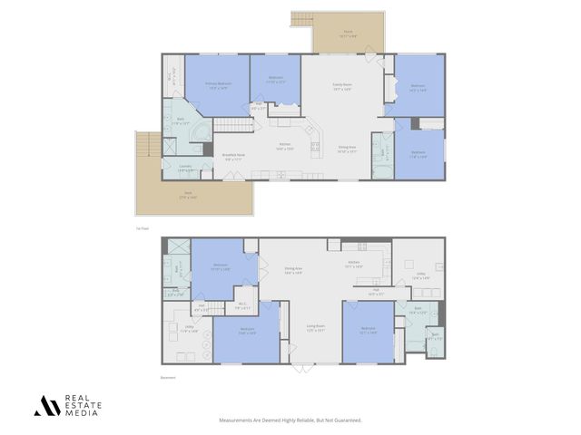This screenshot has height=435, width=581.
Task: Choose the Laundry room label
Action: click(184, 168)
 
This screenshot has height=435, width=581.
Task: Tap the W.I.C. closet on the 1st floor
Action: click(173, 79)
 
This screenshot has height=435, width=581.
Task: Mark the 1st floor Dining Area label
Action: click(348, 149)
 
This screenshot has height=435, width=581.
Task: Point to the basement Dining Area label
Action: click(293, 270)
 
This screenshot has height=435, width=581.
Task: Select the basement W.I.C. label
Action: click(242, 305)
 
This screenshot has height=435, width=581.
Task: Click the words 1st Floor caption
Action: click(141, 229)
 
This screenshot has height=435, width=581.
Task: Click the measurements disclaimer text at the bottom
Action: click(290, 420)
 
